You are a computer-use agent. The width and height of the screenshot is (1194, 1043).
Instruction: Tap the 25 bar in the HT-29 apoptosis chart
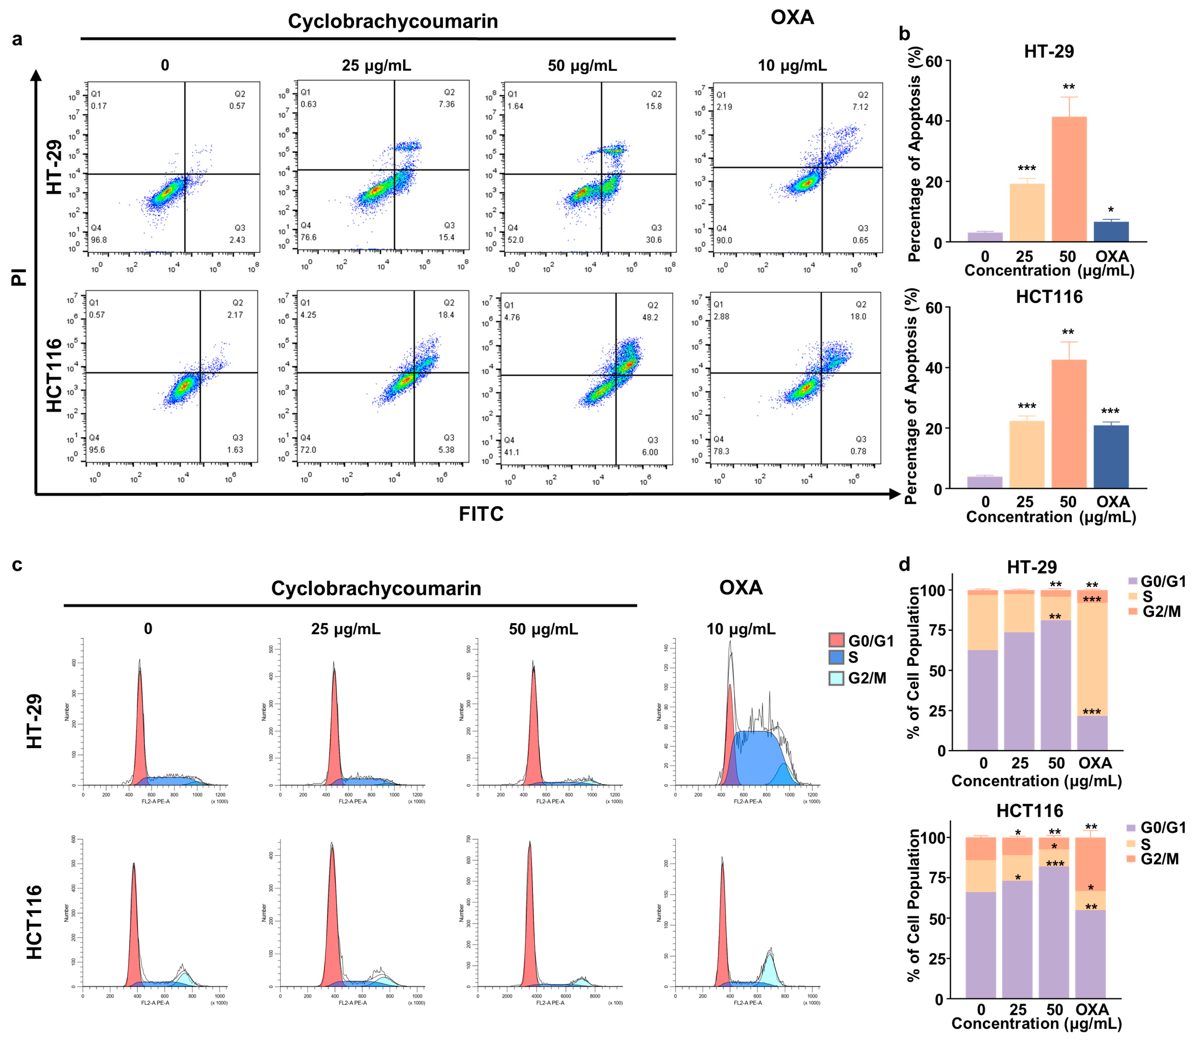(x=1027, y=212)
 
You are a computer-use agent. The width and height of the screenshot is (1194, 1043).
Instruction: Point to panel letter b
(x=904, y=34)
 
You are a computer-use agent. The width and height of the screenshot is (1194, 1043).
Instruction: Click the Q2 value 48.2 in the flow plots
(x=650, y=318)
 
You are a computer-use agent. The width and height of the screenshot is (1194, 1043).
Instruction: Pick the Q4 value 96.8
(x=99, y=240)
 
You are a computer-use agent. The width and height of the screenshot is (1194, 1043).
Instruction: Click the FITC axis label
(x=481, y=514)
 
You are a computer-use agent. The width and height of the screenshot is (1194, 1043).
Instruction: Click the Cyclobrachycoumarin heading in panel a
(x=393, y=21)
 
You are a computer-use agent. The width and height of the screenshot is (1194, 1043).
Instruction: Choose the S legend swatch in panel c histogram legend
(x=836, y=657)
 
